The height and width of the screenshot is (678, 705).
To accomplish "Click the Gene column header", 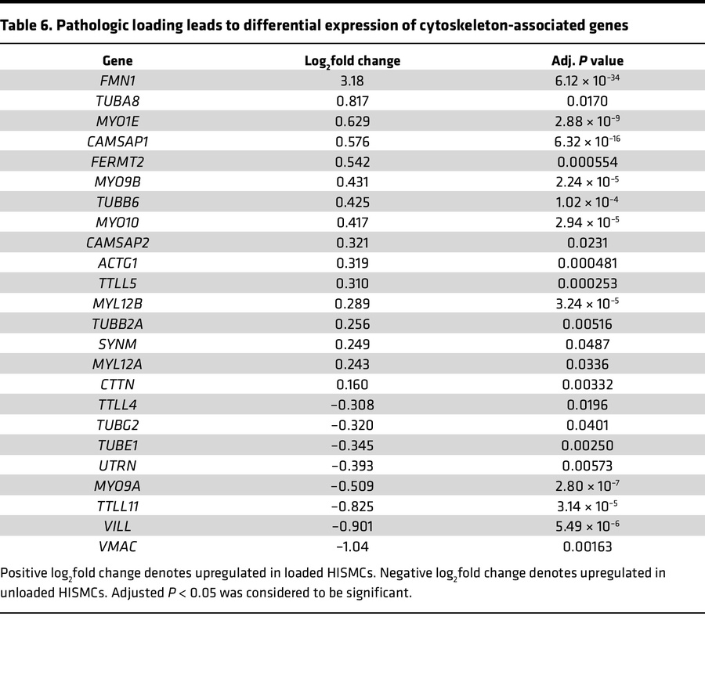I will [117, 60].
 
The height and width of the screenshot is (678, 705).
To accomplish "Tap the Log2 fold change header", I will [352, 61].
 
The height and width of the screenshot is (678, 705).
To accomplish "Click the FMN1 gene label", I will [117, 81].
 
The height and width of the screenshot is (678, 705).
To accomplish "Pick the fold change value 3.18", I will [352, 81].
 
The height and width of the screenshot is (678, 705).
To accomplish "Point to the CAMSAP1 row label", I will [117, 142].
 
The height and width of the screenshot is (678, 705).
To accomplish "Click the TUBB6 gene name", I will [117, 203].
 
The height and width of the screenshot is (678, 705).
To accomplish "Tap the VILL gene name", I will [117, 527].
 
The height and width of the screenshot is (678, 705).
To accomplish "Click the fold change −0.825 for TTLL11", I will [352, 507].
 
